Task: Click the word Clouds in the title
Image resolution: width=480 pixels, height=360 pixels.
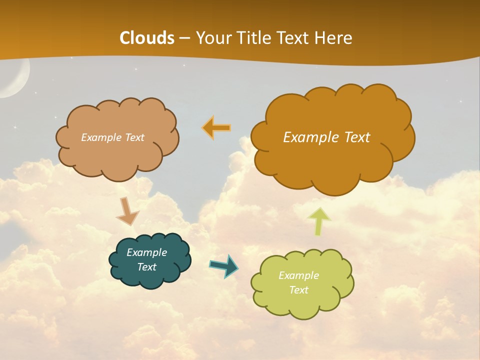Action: [147, 38]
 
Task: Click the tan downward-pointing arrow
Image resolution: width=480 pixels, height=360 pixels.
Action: [127, 211]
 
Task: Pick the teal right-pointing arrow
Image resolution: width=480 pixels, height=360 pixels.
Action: [224, 265]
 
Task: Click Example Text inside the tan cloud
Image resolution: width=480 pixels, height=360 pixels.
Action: [112, 137]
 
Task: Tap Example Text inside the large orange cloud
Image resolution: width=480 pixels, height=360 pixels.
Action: [326, 137]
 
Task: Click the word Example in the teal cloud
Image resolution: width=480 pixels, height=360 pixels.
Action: [146, 252]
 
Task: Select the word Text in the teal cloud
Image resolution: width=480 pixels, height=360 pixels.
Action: [146, 267]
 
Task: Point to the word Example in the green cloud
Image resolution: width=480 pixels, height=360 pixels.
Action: [298, 275]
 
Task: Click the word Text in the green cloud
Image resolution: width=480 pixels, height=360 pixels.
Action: [298, 290]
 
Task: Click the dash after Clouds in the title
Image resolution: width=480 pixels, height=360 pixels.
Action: [184, 38]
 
